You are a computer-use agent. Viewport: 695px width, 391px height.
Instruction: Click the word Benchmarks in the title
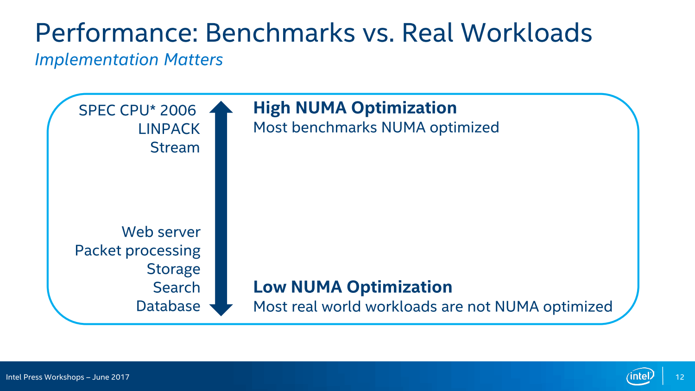click(x=280, y=32)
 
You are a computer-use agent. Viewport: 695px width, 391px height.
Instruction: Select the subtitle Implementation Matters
click(x=129, y=60)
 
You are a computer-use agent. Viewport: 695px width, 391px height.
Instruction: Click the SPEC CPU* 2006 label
click(x=137, y=110)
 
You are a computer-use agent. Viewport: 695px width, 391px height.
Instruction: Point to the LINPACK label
click(x=169, y=129)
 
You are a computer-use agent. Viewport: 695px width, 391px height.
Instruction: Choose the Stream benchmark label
click(x=175, y=147)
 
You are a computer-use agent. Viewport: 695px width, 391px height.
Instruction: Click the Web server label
click(x=161, y=232)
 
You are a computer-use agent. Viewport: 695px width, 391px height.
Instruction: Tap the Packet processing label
click(x=138, y=251)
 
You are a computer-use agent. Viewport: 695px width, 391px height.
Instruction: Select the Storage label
click(x=173, y=269)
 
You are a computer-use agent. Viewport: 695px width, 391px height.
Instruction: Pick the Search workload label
click(x=177, y=287)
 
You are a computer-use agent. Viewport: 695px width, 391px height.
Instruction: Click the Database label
click(x=168, y=306)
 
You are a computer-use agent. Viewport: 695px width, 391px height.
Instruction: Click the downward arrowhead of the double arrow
click(x=221, y=310)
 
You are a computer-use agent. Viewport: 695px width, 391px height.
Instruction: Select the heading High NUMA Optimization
click(x=355, y=108)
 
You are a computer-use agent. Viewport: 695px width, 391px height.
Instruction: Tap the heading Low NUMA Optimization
click(x=353, y=287)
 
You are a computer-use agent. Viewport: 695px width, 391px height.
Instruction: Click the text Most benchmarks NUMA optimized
click(x=376, y=127)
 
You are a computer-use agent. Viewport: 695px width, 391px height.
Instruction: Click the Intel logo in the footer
click(x=640, y=377)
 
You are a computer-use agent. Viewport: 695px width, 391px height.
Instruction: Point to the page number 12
click(x=680, y=377)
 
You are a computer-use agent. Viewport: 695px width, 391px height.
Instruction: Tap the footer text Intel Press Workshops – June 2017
click(x=68, y=377)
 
